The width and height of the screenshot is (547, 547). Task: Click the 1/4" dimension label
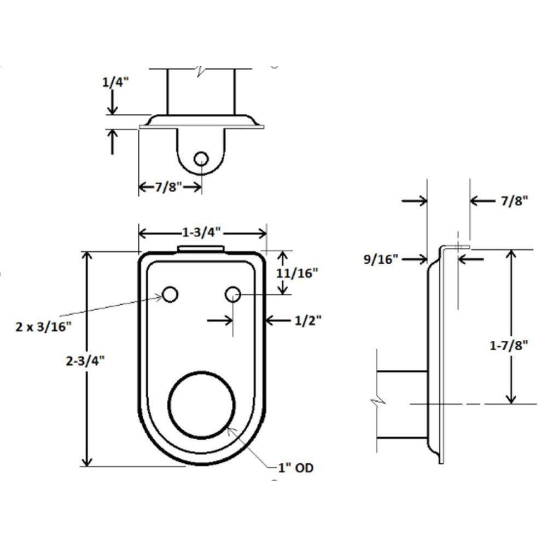click(115, 83)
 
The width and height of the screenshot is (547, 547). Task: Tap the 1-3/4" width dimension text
click(202, 232)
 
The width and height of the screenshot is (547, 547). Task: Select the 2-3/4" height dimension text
click(85, 360)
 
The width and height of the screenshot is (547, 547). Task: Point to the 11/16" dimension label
click(297, 273)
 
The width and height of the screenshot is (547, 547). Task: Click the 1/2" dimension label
click(308, 320)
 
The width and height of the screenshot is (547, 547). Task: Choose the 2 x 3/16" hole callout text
click(44, 327)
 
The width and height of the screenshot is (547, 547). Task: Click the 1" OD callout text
click(295, 468)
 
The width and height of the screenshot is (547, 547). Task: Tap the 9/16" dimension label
click(381, 259)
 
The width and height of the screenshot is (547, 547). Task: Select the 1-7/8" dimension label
click(509, 345)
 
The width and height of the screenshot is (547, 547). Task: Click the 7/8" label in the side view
click(515, 201)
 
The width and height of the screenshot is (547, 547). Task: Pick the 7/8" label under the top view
click(169, 187)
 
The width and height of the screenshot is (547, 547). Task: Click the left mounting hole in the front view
click(170, 294)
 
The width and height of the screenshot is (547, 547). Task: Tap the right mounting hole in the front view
click(232, 294)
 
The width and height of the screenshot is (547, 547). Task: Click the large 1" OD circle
click(201, 405)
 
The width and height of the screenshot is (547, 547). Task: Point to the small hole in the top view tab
click(201, 159)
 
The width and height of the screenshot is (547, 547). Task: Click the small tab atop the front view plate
click(201, 248)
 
